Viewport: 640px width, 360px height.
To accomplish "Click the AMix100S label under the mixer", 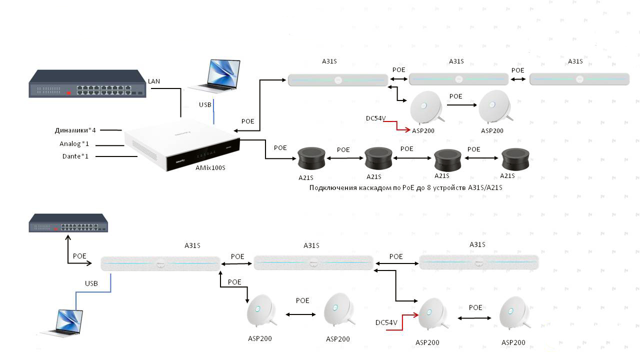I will tap(210, 168).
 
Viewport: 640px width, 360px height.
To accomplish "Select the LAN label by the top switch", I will tap(154, 81).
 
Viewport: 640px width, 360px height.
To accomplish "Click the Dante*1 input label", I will tap(75, 156).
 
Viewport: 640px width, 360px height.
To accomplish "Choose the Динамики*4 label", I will tap(75, 130).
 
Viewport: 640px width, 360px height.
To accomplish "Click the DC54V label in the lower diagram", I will tap(386, 323).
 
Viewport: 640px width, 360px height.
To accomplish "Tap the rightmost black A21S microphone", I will tap(514, 159).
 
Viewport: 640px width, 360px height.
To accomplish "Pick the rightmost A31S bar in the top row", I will tap(579, 79).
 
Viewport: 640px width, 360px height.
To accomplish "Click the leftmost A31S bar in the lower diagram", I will tap(160, 263).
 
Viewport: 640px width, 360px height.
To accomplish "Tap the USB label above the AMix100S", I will tap(205, 105).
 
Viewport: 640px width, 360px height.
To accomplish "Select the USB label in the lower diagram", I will tap(91, 283).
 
